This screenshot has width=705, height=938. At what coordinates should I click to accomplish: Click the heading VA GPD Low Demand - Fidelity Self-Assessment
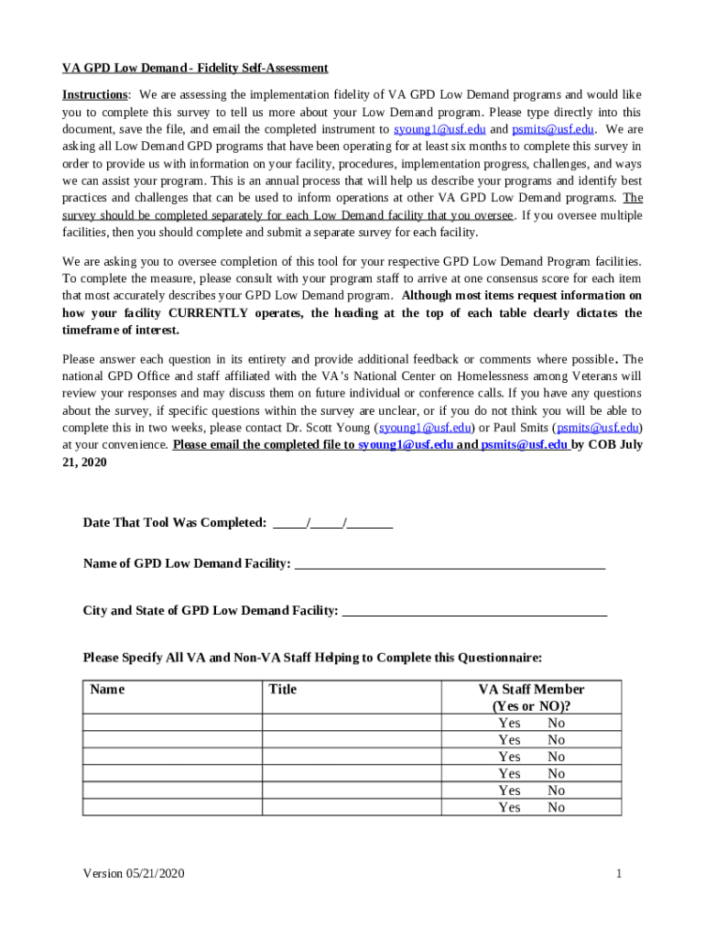click(195, 69)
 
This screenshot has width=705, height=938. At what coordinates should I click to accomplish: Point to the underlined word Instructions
click(94, 95)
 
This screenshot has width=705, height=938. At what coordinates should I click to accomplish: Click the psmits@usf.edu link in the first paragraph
click(553, 130)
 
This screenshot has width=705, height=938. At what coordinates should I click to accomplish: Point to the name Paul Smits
click(517, 428)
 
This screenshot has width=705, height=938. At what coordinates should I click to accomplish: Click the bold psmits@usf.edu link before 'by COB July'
click(524, 445)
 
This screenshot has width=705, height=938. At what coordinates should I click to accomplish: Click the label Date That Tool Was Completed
click(175, 523)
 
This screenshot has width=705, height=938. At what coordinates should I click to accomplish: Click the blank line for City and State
click(474, 611)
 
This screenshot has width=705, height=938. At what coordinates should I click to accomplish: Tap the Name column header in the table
click(108, 690)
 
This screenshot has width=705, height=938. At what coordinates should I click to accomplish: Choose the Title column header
click(283, 690)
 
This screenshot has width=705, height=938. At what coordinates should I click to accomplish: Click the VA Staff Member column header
click(531, 698)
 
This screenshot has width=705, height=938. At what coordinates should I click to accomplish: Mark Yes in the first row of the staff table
click(509, 724)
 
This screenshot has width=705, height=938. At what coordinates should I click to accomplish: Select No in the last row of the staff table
click(556, 808)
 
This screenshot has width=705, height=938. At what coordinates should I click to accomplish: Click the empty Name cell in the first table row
click(172, 724)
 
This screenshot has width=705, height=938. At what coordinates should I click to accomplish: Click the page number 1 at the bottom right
click(619, 874)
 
